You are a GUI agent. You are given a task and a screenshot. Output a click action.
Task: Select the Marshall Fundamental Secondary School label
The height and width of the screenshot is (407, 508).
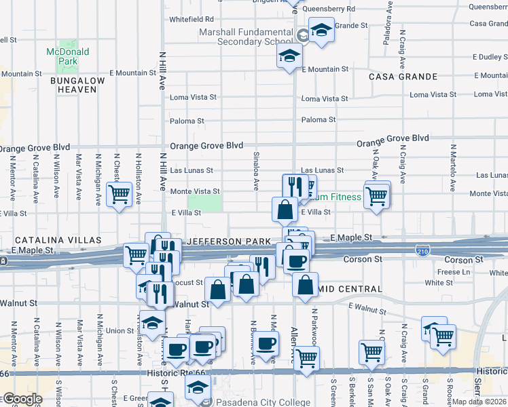[x=245, y=37]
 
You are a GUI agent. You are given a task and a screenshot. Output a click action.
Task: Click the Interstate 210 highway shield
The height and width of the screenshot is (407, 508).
[x=422, y=250]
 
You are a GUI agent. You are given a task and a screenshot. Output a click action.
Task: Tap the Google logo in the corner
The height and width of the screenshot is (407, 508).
[x=22, y=400]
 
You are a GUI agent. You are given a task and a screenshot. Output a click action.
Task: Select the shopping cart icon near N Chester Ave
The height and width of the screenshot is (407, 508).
[x=120, y=194]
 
